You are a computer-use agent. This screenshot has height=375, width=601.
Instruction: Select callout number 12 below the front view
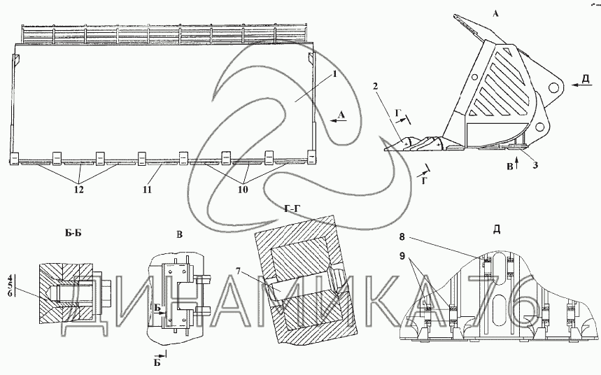[80, 188]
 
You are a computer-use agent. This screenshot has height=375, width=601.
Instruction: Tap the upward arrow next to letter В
[515, 164]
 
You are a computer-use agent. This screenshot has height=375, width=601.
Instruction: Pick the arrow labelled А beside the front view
[337, 120]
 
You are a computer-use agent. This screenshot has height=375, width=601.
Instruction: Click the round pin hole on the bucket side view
[555, 88]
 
